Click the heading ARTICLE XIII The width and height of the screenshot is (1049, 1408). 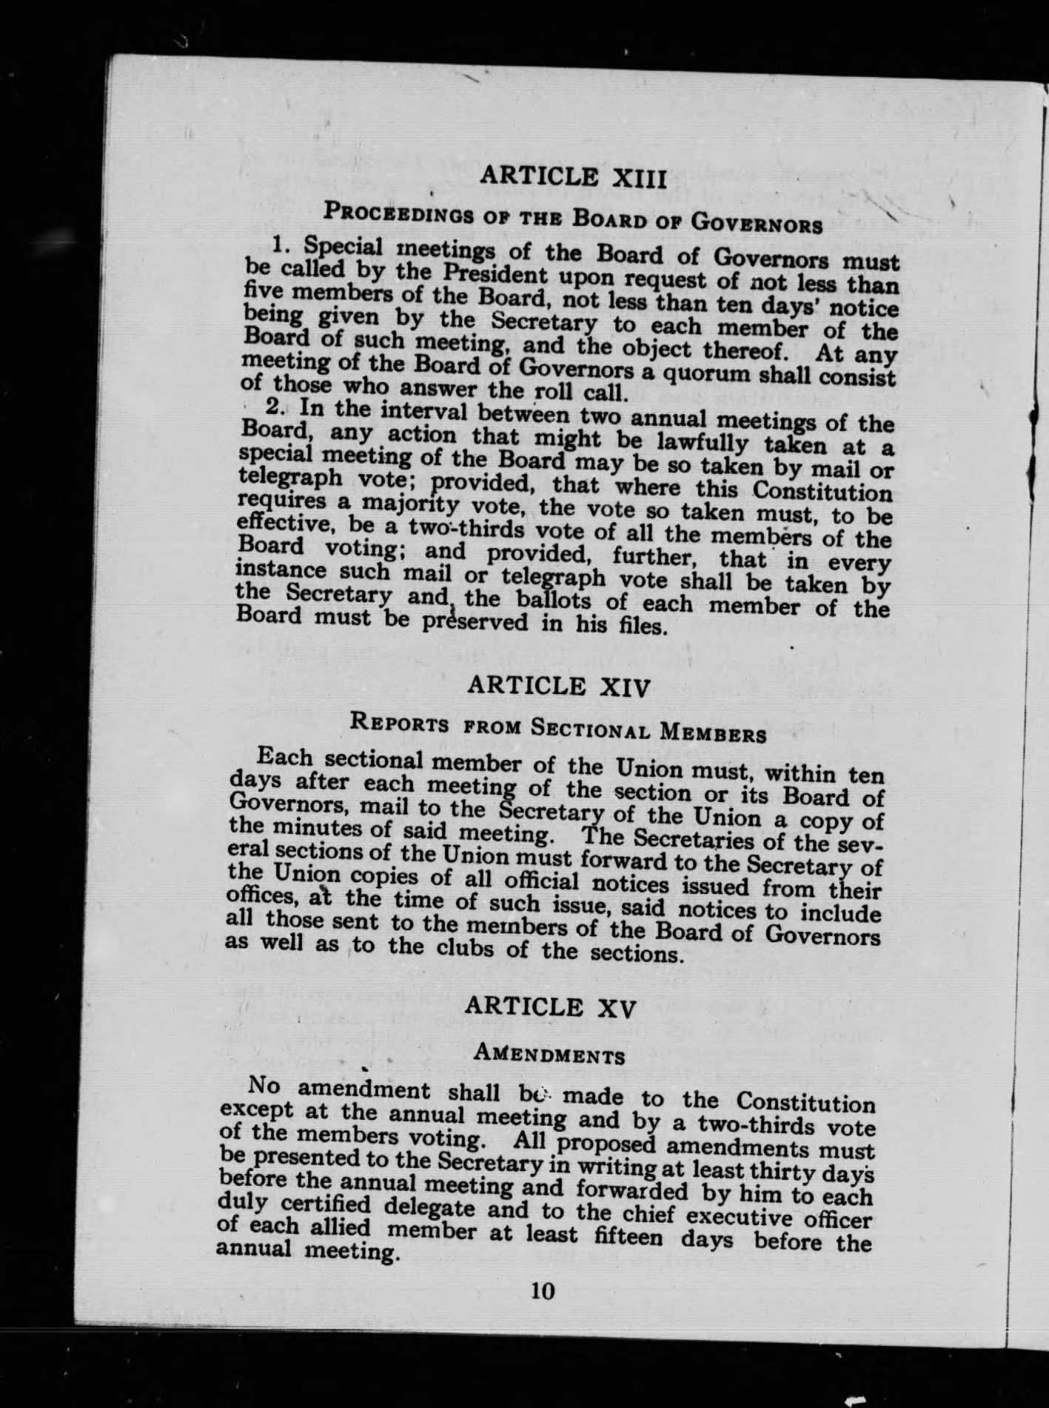click(x=574, y=178)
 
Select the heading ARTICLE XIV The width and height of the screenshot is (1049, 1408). click(x=559, y=687)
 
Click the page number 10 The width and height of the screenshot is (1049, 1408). click(x=543, y=1291)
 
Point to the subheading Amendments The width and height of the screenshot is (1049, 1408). click(x=549, y=1054)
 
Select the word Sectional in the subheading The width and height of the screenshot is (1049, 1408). click(x=591, y=730)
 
